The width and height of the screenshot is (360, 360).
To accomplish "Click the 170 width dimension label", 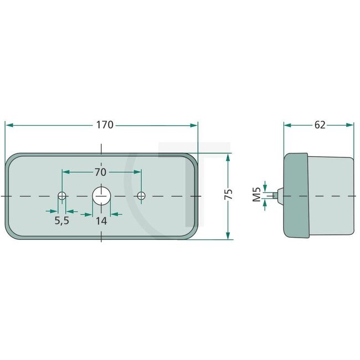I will coord(104,125).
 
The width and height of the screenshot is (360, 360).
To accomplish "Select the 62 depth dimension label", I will coord(320,125).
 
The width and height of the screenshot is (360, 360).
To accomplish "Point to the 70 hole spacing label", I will coord(100,171).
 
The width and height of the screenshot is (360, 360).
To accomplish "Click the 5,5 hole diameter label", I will coord(61,220).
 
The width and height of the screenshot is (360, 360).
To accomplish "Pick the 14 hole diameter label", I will coord(101,220).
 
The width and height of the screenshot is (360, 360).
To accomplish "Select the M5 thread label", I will coord(256,195).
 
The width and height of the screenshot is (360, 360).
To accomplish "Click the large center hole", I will coord(101,196).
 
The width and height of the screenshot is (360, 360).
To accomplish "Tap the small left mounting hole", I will coord(62,196).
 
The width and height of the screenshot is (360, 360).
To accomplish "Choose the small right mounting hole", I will coord(141,196).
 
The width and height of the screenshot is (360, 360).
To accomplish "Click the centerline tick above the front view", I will coord(101,148).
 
